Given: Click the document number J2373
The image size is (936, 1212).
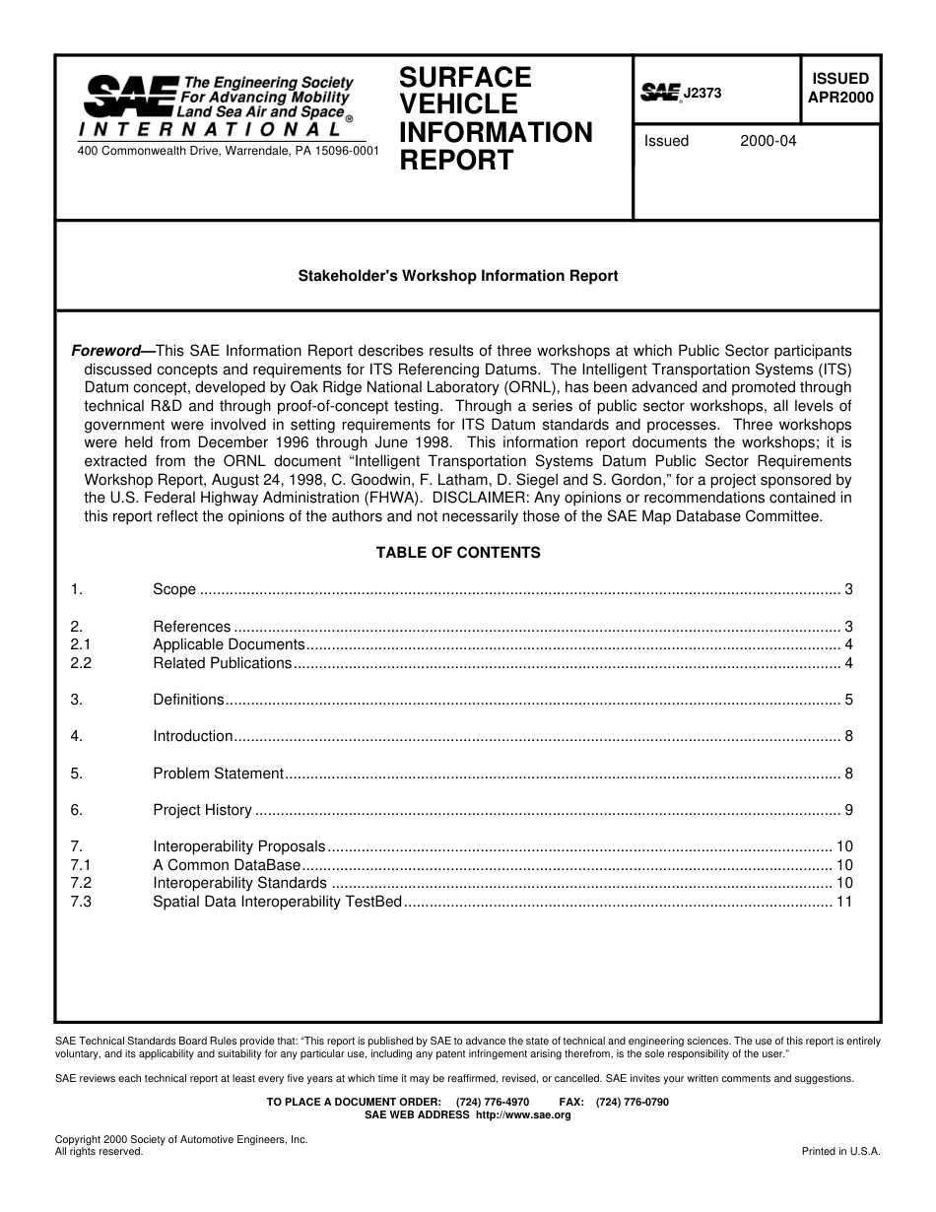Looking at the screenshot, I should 702,93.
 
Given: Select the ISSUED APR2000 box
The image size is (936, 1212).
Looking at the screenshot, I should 839,88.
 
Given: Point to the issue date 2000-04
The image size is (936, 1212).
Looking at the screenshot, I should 768,141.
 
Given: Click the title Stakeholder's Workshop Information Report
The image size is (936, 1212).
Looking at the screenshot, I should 458,276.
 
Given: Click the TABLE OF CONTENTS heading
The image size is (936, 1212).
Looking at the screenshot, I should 458,553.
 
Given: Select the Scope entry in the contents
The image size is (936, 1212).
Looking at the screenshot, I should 174,590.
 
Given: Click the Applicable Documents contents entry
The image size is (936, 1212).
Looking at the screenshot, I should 229,644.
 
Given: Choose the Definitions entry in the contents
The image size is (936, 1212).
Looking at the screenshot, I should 188,700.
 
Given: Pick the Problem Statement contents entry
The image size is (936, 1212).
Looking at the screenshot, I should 218,774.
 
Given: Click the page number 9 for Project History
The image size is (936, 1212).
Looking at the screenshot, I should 848,810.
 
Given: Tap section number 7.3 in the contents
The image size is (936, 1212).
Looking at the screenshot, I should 81,902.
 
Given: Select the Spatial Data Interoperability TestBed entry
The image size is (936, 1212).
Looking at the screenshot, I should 277,902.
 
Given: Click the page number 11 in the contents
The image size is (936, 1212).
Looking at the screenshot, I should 844,902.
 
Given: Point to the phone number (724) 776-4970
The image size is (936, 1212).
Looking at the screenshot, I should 493,1102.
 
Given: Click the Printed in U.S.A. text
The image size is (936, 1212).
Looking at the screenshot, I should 840,1151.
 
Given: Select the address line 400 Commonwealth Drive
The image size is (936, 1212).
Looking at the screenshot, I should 228,151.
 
